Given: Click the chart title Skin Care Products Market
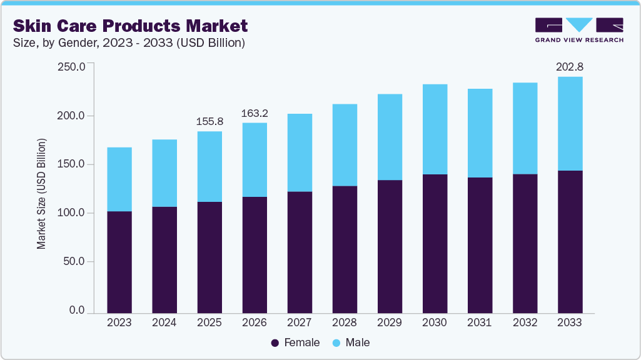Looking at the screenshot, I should [x=130, y=26].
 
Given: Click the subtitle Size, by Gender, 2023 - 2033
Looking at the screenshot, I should [x=128, y=43].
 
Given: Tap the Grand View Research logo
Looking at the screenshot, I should [x=578, y=30].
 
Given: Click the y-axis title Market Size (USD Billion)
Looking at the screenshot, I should [x=42, y=193].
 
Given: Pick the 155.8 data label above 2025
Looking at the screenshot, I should [x=209, y=122].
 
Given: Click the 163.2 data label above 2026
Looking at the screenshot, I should [x=255, y=113].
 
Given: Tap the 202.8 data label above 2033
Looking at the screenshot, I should [x=570, y=67].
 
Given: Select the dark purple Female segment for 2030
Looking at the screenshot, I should [x=435, y=244].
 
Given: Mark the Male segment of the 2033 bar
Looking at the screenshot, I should [x=570, y=124].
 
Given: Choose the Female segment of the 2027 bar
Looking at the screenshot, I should [x=300, y=252].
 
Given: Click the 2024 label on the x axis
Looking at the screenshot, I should [x=164, y=323].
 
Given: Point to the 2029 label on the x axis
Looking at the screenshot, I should [x=390, y=323].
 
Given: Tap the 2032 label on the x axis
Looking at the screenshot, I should [x=525, y=323].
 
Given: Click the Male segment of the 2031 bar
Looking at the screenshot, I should [x=480, y=133].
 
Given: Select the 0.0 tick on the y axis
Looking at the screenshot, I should [x=77, y=311].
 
